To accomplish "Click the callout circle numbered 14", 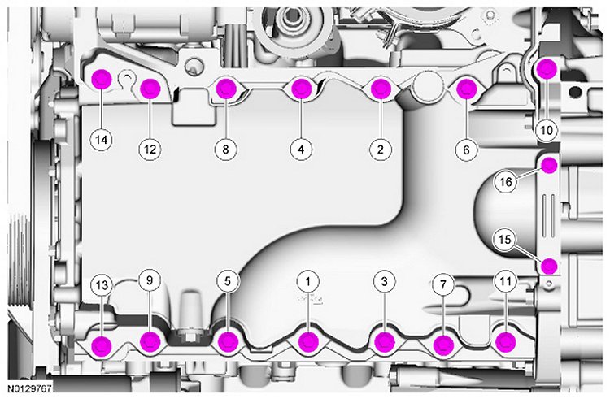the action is [101, 140].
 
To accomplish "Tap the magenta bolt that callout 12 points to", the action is [150, 89].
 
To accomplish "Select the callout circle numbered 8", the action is [227, 149].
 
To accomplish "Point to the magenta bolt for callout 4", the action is [302, 89].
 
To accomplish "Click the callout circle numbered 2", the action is [379, 149].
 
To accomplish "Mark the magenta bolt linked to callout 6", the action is [466, 89].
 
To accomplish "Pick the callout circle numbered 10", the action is [546, 129].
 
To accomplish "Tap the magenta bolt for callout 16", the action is [550, 166].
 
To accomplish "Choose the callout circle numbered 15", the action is [504, 240].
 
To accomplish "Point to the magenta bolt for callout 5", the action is [229, 342].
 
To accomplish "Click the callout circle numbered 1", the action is [308, 281].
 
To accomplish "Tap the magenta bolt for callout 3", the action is [384, 341].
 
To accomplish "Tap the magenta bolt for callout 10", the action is [547, 68].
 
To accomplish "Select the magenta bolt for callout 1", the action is [308, 341].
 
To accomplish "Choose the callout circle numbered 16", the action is [504, 183].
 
